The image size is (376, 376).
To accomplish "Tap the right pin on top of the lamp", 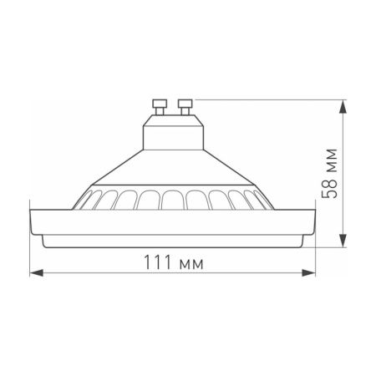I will pos(184,106).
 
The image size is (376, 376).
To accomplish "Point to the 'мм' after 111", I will pos(191,264).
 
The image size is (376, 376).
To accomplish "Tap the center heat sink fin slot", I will pos(173,200).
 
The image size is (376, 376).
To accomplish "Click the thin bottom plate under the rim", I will pos(172,242).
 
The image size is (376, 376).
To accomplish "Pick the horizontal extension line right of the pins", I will pos(267,100).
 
